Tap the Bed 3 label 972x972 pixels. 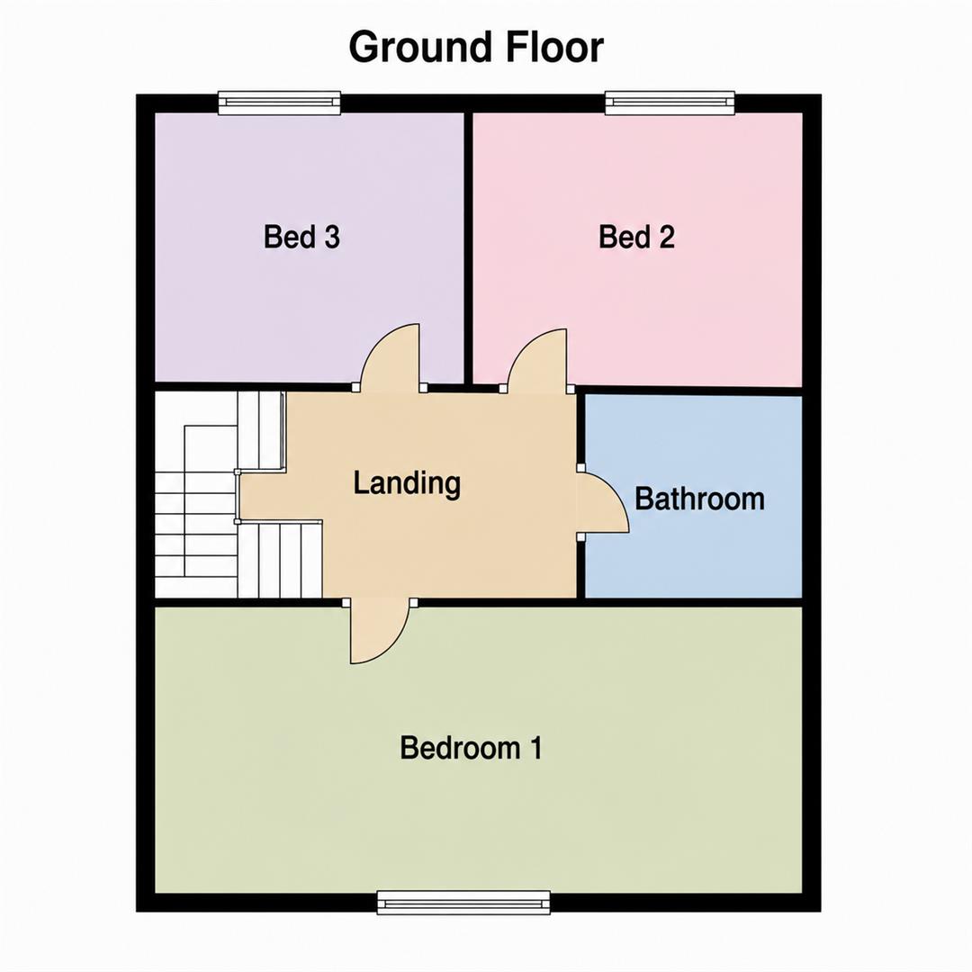click(x=301, y=237)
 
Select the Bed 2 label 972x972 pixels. click(x=636, y=237)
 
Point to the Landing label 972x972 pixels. click(x=407, y=483)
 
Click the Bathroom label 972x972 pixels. click(x=699, y=499)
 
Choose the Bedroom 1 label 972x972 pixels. click(x=471, y=748)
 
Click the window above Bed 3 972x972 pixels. click(x=280, y=103)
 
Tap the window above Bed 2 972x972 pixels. click(x=670, y=103)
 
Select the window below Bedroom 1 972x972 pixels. click(x=463, y=903)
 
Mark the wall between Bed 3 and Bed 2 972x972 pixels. click(x=469, y=248)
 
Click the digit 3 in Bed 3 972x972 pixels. click(x=332, y=237)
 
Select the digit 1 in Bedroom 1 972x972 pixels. click(x=535, y=748)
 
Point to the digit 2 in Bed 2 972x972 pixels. click(x=667, y=237)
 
